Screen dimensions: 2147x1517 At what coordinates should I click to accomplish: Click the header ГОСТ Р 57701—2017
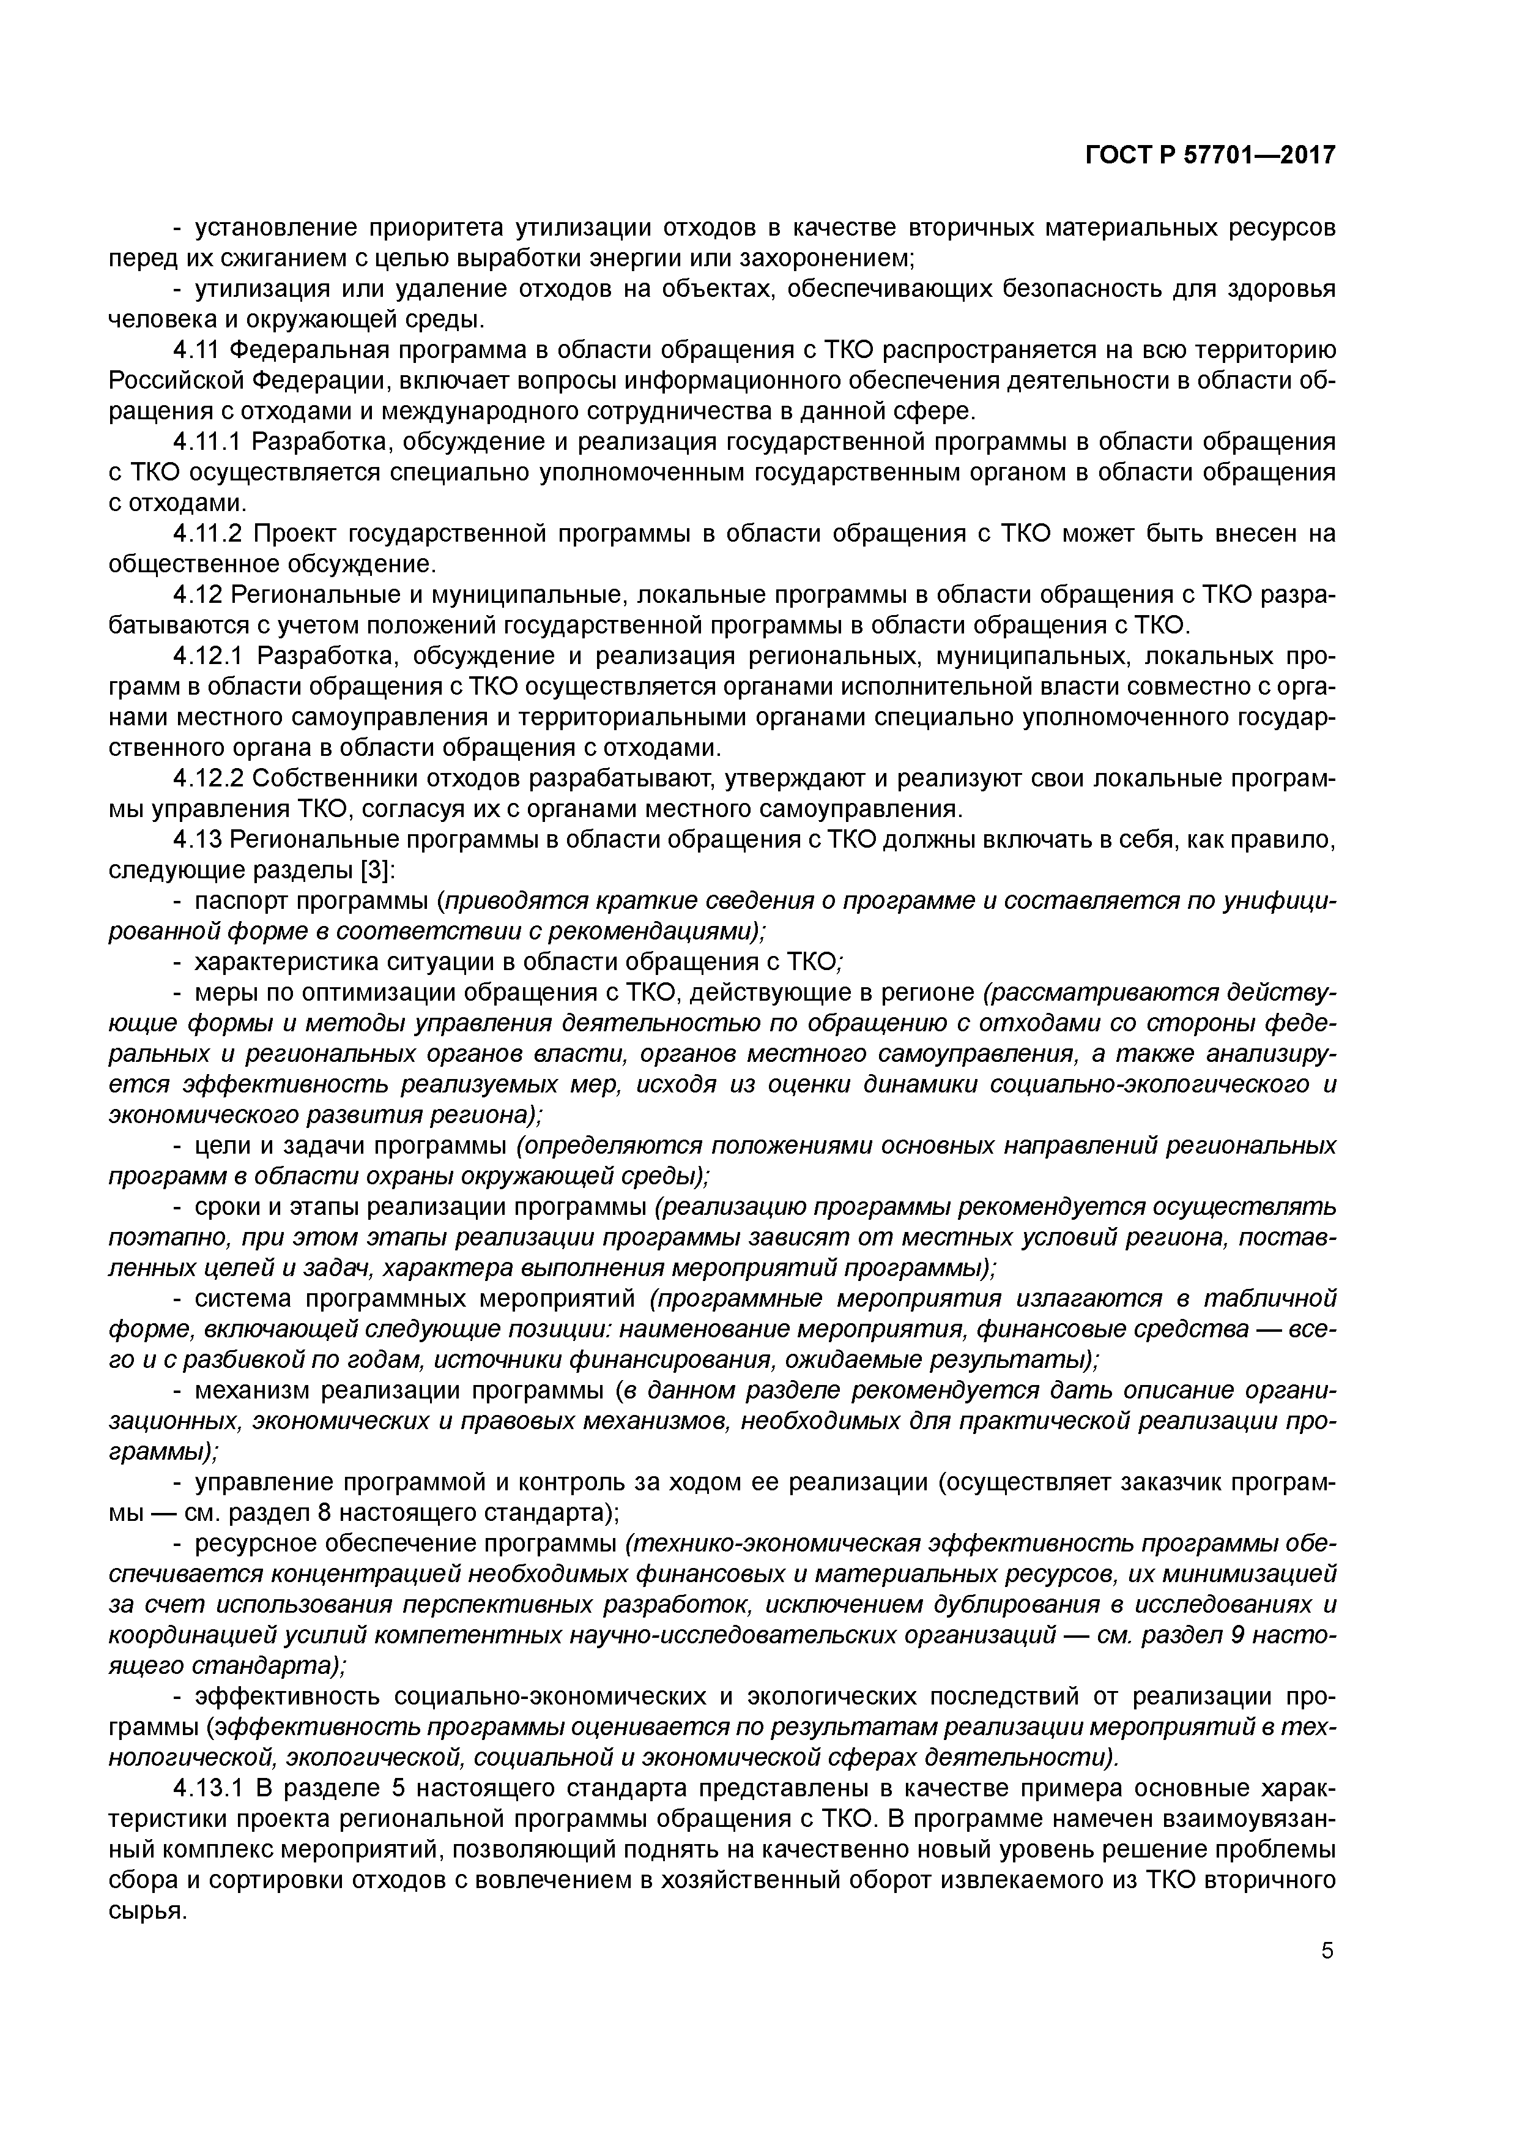click(x=1211, y=155)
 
